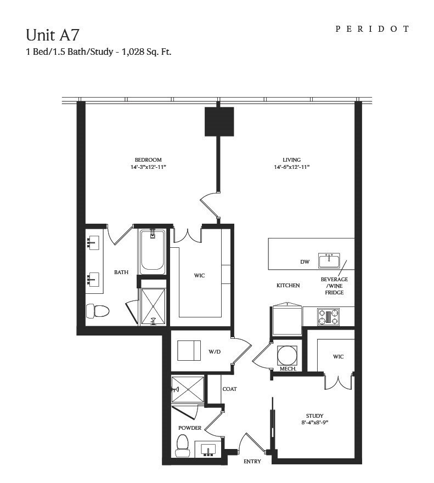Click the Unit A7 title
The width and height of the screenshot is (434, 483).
(x=53, y=35)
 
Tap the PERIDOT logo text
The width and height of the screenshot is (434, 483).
(x=373, y=29)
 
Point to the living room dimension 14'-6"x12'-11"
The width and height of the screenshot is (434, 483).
(x=292, y=167)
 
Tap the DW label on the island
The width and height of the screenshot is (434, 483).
(x=305, y=262)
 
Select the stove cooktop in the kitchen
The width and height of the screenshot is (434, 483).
(x=328, y=317)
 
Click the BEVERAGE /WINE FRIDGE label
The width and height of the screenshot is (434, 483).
(x=334, y=286)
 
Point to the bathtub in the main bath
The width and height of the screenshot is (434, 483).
(x=152, y=252)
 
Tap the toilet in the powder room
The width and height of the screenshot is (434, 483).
(x=182, y=445)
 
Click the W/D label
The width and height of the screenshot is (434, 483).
(x=214, y=351)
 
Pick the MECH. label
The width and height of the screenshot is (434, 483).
(x=288, y=370)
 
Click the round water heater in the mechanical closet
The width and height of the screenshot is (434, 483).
(x=288, y=355)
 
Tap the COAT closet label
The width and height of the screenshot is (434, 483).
(x=229, y=389)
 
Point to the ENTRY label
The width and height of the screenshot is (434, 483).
(x=252, y=462)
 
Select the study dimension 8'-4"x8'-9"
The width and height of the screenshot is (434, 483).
(x=314, y=423)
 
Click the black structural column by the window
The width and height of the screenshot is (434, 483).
(x=219, y=121)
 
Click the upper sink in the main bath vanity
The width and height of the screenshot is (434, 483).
(x=92, y=241)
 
